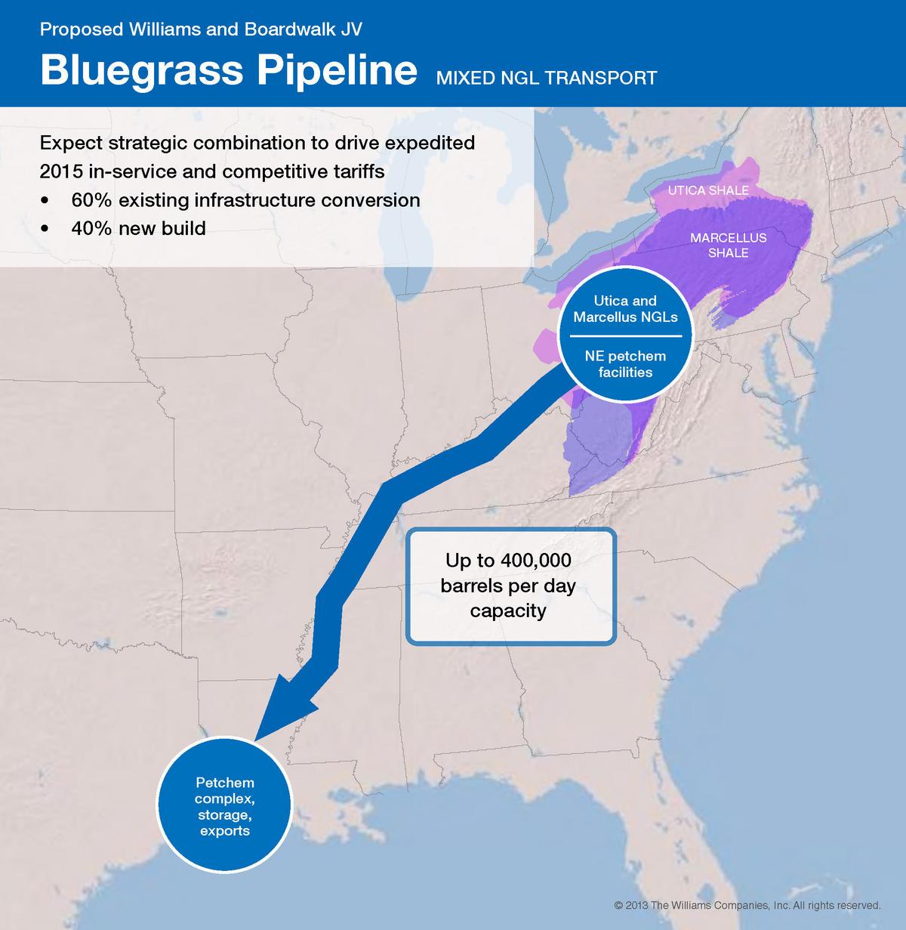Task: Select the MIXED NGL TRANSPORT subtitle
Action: [x=546, y=78]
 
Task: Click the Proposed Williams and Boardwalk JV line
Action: [x=201, y=29]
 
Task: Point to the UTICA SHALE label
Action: [x=707, y=190]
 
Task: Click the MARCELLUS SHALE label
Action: [x=728, y=246]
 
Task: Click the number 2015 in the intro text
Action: [x=60, y=171]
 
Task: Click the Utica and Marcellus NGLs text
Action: [x=625, y=309]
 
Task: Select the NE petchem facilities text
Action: [x=625, y=363]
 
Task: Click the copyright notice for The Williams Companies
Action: [x=747, y=905]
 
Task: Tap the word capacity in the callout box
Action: [x=507, y=610]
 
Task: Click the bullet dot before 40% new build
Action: [x=48, y=229]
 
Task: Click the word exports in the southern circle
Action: [x=224, y=831]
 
